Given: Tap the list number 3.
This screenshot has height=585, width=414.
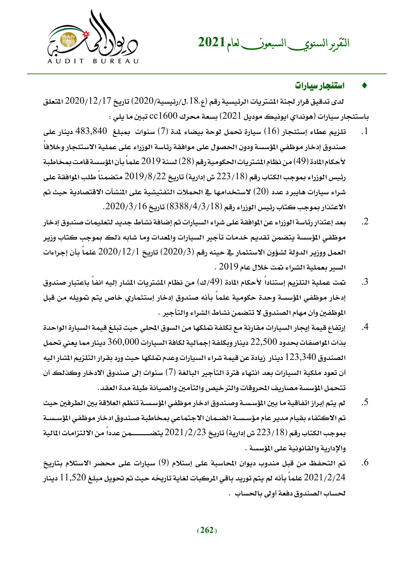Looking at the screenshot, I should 365,282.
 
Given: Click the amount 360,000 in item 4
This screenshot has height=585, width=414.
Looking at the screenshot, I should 123,342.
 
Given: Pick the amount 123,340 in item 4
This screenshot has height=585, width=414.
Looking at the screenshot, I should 301,357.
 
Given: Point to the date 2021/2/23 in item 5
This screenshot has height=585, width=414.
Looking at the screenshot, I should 185,432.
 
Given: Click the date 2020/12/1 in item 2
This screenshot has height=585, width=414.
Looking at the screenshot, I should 119,252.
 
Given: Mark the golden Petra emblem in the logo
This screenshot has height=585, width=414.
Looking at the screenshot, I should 68,40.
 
